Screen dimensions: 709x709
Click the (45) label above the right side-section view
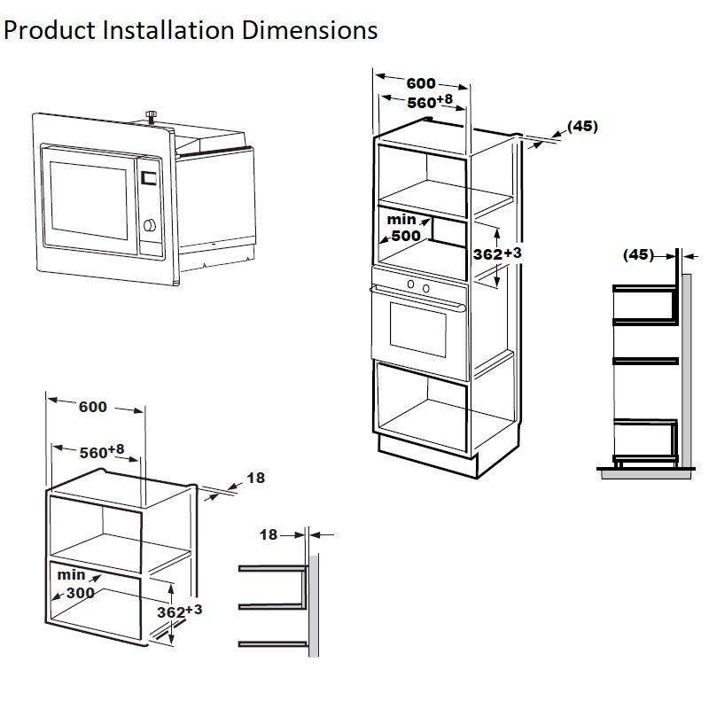click(638, 254)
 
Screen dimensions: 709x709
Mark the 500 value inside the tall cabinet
click(407, 236)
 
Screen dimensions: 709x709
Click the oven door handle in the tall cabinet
click(417, 301)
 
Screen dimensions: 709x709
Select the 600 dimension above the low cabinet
click(92, 407)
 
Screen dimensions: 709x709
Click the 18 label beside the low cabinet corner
click(255, 478)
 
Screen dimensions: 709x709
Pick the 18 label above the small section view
click(269, 534)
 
